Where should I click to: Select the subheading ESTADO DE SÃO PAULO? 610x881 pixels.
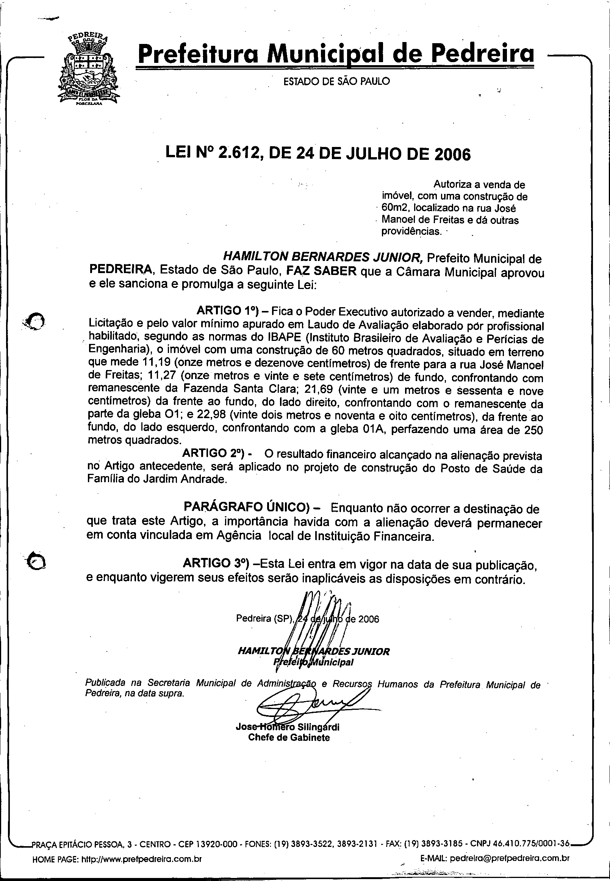336,81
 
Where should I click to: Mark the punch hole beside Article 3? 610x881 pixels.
37,561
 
